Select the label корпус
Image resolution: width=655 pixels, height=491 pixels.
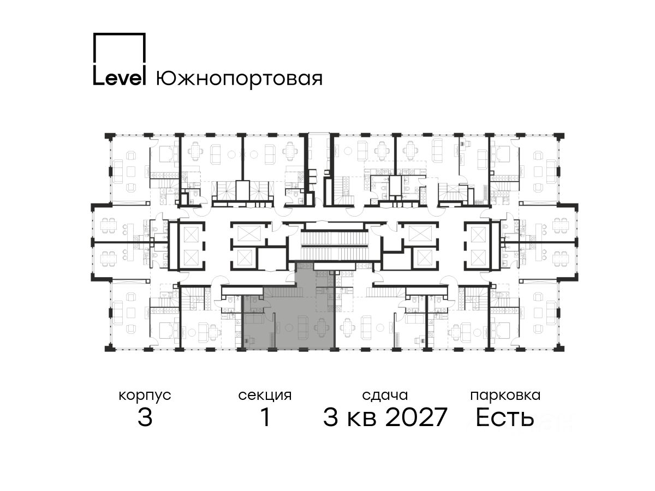pyautogui.click(x=145, y=396)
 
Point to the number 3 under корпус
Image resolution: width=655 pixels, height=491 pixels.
pyautogui.click(x=145, y=417)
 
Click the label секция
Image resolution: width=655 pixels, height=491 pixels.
pyautogui.click(x=265, y=396)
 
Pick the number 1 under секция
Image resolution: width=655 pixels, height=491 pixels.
pyautogui.click(x=265, y=417)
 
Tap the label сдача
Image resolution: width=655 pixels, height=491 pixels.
pyautogui.click(x=385, y=396)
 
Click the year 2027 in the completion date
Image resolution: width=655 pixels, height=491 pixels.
pyautogui.click(x=416, y=417)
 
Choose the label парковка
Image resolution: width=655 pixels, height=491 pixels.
pyautogui.click(x=505, y=396)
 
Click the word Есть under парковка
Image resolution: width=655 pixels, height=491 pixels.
pyautogui.click(x=504, y=417)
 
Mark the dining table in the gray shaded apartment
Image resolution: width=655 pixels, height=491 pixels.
pyautogui.click(x=321, y=328)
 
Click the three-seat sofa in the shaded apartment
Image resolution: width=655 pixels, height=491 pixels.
pyautogui.click(x=302, y=328)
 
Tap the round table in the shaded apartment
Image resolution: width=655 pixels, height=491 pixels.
pyautogui.click(x=288, y=328)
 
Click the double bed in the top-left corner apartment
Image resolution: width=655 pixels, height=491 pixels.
pyautogui.click(x=165, y=154)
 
